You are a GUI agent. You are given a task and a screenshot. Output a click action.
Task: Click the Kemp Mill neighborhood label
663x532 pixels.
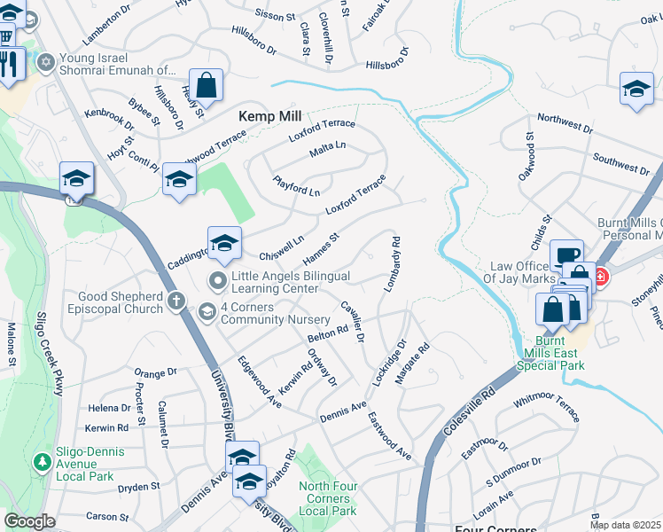270,116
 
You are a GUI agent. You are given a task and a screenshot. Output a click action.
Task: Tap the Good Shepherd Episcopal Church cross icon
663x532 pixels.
176,301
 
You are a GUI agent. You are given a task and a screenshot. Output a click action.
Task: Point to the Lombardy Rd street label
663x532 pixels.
393,264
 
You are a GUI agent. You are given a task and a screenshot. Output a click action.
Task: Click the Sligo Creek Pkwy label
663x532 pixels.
43,346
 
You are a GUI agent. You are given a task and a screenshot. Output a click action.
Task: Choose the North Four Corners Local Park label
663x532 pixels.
327,497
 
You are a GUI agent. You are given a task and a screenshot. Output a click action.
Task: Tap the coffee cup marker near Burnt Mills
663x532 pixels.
566,256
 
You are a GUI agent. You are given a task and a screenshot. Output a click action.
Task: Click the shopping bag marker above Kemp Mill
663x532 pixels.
206,86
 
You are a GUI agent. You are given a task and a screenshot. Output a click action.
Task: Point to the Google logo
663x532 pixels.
29,521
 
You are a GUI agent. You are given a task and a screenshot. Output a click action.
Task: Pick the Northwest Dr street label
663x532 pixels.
565,123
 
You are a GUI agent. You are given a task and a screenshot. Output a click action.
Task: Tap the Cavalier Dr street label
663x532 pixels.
353,324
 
